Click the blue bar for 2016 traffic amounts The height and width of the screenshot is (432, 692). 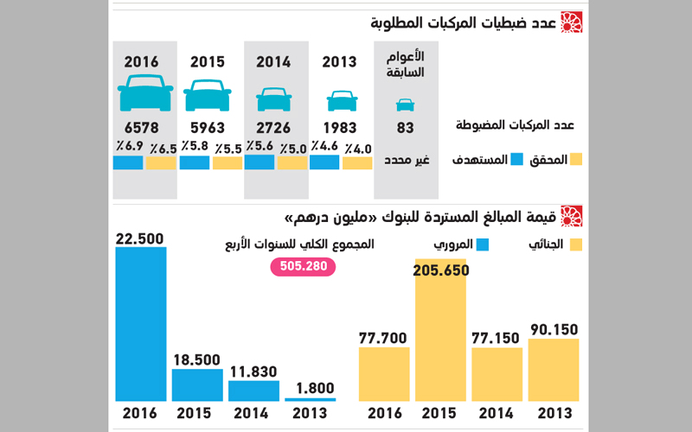(x=141, y=324)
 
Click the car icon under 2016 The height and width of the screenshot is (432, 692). (x=145, y=93)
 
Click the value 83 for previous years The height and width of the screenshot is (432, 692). (x=405, y=128)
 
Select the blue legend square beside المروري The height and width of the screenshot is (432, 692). (x=483, y=245)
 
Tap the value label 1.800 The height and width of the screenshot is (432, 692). (x=311, y=386)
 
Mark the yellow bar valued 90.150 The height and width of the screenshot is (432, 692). (x=554, y=370)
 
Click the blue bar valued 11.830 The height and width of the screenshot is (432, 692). (x=254, y=391)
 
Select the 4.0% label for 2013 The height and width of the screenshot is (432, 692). (x=358, y=148)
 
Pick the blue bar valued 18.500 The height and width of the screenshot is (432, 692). (x=197, y=385)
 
